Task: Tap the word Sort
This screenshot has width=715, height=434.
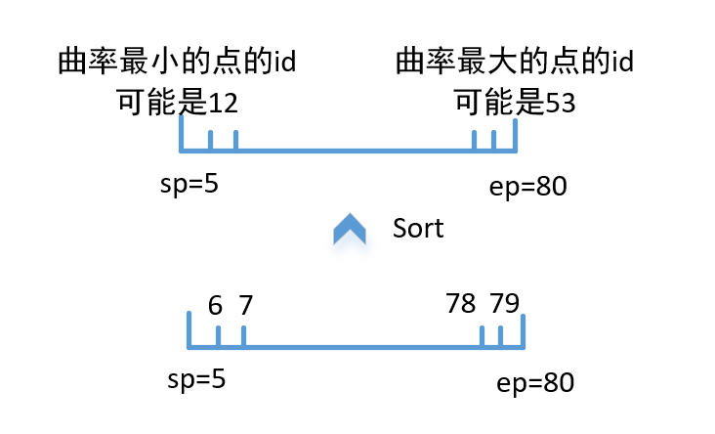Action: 418,229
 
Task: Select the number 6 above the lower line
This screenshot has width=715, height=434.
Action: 216,305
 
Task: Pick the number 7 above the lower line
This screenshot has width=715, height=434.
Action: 245,305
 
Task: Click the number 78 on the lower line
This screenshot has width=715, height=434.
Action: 460,304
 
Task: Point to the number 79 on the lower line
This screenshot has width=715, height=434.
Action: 504,304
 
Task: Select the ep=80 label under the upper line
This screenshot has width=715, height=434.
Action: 527,186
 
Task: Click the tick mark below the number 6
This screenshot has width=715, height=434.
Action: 218,335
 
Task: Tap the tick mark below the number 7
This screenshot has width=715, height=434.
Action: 243,335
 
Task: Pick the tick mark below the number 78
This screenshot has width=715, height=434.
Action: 483,335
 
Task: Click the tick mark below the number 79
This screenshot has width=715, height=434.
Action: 501,335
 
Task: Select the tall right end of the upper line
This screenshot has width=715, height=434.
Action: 515,135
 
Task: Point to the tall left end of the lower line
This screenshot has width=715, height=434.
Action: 189,329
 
